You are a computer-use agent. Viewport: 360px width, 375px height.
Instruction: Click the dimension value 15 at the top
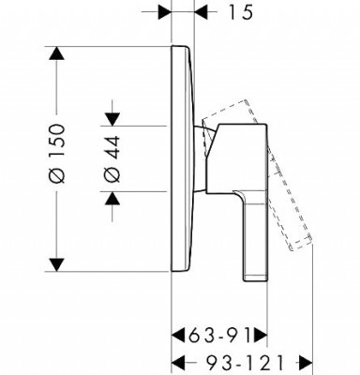(x=241, y=12)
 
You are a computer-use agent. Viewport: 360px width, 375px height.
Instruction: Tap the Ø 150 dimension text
(x=57, y=154)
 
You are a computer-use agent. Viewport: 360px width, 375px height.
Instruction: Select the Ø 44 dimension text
(x=112, y=159)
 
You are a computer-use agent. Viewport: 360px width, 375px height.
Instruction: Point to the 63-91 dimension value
(x=219, y=336)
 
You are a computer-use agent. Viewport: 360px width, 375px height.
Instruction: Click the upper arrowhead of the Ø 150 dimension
(x=56, y=53)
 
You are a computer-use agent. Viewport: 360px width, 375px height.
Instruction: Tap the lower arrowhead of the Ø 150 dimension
(x=56, y=265)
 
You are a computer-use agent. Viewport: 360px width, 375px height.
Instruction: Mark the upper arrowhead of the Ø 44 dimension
(x=112, y=119)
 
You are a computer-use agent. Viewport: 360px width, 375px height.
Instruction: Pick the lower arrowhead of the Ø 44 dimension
(x=112, y=198)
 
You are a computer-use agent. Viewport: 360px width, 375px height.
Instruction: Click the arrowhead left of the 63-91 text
(x=179, y=336)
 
